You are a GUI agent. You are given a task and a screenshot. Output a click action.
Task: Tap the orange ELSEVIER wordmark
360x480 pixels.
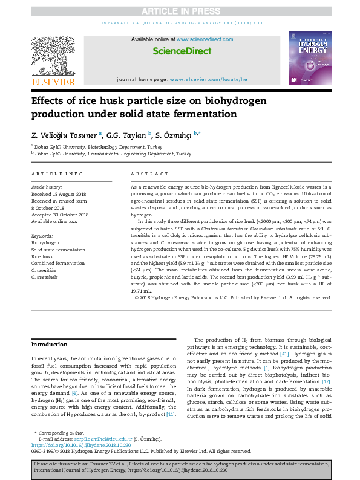[x=53, y=82]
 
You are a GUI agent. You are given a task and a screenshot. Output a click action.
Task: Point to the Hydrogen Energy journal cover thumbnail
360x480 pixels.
[x=309, y=59]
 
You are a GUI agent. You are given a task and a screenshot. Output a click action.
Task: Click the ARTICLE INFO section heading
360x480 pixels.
[x=57, y=174]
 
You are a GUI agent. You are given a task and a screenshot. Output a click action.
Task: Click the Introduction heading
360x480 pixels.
[x=49, y=344]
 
